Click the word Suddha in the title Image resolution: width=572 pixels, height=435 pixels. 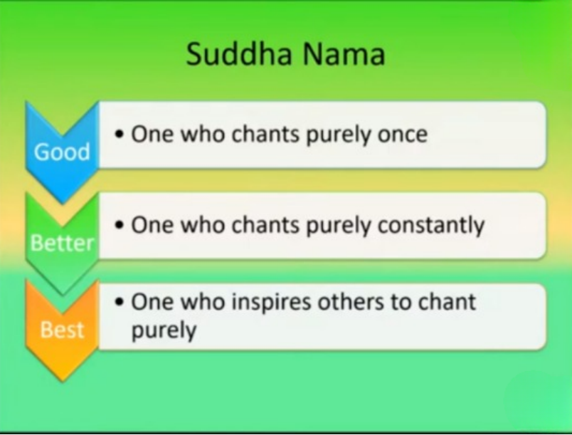pos(239,53)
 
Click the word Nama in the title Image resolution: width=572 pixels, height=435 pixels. pos(344,53)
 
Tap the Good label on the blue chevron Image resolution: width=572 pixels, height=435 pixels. pos(62,152)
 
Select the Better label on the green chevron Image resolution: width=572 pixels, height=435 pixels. pos(62,243)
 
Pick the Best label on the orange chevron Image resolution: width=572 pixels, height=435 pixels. pos(62,330)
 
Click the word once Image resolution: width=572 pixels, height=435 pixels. pos(403,135)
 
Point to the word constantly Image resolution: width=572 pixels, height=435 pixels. pos(431,226)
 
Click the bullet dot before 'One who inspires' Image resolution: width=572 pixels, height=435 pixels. pos(119,302)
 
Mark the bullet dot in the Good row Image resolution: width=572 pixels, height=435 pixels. pos(119,135)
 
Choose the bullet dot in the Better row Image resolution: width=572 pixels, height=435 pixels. pos(119,225)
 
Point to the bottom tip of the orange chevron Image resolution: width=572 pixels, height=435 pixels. pos(63,381)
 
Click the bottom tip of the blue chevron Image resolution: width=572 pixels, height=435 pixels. pos(63,202)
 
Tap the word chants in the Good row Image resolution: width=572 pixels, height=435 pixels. pos(265,134)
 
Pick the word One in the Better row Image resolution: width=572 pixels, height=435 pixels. pos(152,225)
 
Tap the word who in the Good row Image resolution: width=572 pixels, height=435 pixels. pos(203,134)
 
